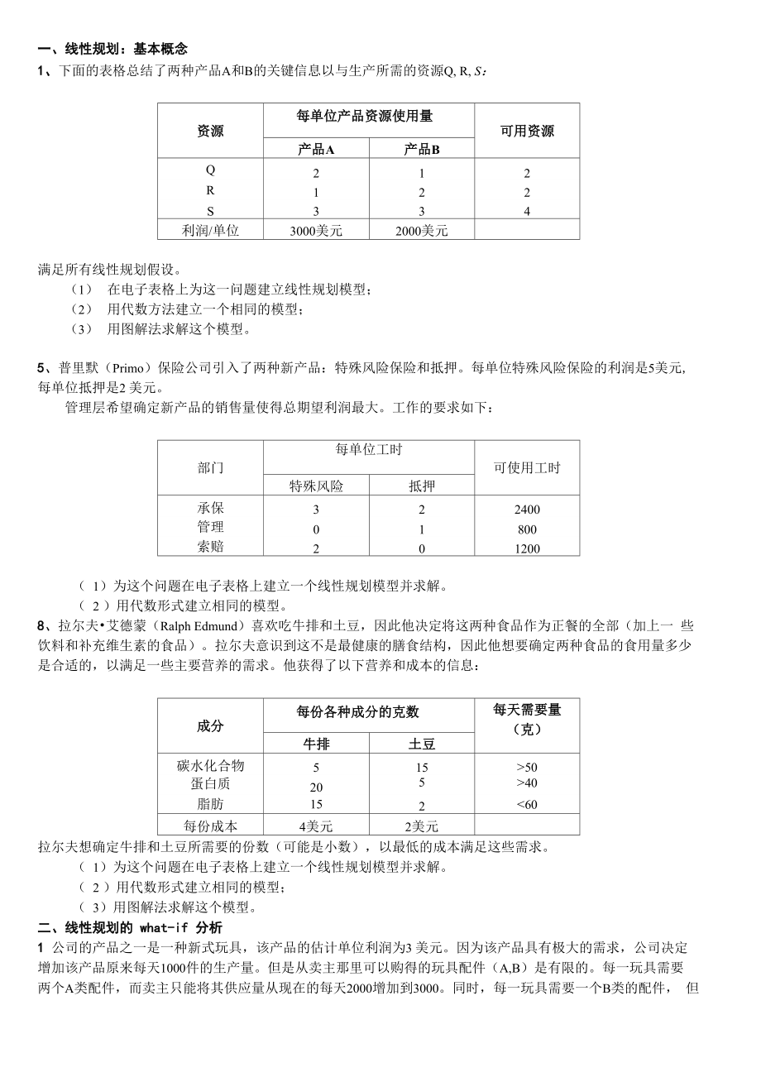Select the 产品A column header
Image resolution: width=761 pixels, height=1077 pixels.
(x=316, y=150)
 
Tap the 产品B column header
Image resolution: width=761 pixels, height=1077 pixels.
(x=422, y=150)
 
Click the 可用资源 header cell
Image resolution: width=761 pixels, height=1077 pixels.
(x=527, y=131)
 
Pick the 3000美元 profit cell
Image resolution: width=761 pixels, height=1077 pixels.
(x=316, y=231)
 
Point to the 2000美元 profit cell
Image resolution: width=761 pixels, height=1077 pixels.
(x=422, y=231)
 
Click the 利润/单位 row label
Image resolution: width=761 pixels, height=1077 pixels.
(x=210, y=231)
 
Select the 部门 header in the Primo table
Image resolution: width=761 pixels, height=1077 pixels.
(x=210, y=468)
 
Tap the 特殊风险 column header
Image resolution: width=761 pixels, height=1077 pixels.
(x=316, y=486)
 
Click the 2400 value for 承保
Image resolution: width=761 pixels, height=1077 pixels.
(x=527, y=510)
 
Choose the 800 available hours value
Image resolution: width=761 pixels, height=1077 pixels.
(x=527, y=529)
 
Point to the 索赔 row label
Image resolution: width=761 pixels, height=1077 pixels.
(x=210, y=547)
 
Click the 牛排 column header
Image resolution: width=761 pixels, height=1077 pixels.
(x=316, y=744)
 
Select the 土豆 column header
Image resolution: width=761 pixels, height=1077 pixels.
(x=422, y=744)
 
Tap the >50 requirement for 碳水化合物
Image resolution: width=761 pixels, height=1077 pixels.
(x=527, y=768)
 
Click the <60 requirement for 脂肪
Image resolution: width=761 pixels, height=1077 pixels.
(x=527, y=805)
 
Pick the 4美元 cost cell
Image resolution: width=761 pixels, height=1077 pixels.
(x=316, y=826)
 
